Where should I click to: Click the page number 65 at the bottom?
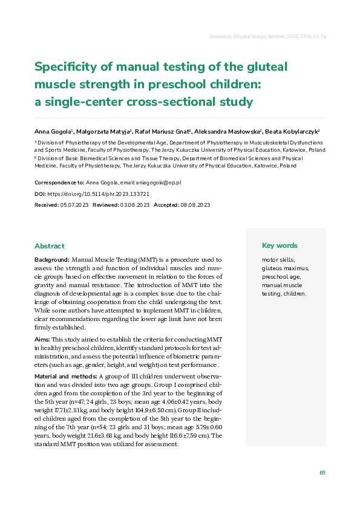[322, 473]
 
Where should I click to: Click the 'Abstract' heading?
[50, 246]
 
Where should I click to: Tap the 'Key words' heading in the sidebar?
[280, 245]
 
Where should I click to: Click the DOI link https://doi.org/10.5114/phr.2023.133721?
[98, 194]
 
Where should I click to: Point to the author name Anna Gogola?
[53, 131]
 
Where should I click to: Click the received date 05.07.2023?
[74, 206]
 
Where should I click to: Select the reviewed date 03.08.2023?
[134, 206]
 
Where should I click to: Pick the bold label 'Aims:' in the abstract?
[42, 341]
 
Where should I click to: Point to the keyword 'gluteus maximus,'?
[285, 268]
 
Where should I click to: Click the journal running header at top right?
[267, 37]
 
